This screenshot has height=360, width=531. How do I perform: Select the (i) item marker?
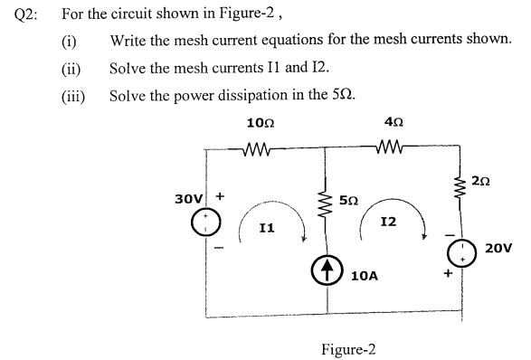[68, 41]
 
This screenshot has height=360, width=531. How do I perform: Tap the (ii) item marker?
[70, 68]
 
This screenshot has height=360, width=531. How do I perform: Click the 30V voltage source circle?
[206, 222]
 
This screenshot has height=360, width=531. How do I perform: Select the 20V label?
[498, 246]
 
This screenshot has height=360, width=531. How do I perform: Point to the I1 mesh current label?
[266, 231]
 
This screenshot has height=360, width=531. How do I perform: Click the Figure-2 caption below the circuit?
[348, 349]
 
